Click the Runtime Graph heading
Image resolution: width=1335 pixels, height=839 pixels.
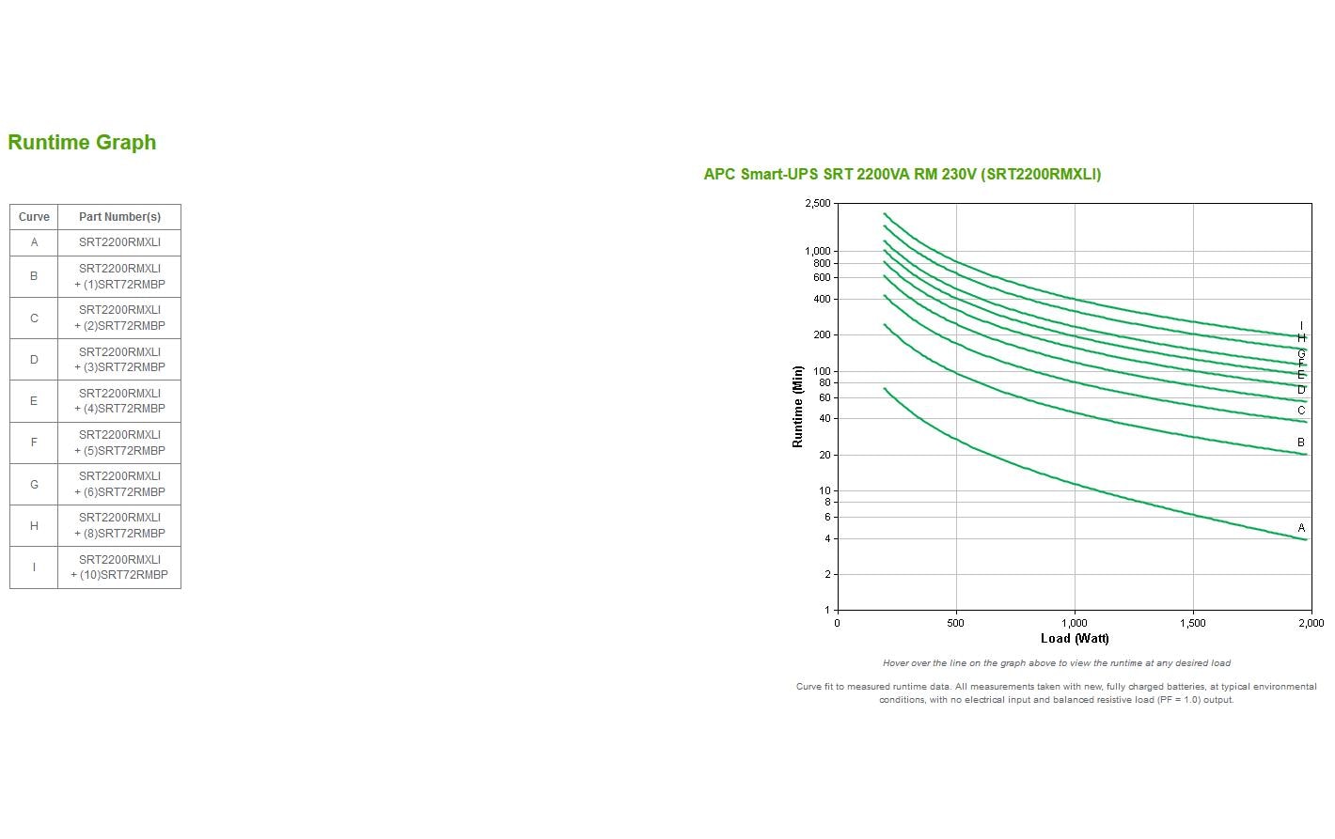tap(82, 143)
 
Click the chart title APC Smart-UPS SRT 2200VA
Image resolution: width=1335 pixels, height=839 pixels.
tap(902, 174)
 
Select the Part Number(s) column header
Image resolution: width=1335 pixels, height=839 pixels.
tap(119, 217)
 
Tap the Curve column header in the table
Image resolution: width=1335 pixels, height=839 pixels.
tap(34, 217)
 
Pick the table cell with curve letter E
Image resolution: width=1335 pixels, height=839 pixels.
tap(34, 401)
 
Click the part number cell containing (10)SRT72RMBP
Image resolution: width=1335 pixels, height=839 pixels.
tap(119, 567)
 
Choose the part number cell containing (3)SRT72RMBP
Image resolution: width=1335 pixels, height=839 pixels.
tap(119, 360)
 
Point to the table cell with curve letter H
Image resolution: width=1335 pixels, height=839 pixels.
tap(34, 526)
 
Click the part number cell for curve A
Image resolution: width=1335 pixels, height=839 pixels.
tap(119, 242)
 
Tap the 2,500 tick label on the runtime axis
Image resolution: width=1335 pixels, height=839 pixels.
tap(817, 204)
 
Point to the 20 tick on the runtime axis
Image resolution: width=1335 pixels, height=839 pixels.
tap(825, 455)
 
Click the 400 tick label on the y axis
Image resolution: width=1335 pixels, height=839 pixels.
tap(822, 300)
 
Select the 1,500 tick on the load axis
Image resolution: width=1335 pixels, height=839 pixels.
tap(1192, 623)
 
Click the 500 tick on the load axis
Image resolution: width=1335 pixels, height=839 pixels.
tap(955, 623)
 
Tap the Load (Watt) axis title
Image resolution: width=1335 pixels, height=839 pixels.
tap(1075, 639)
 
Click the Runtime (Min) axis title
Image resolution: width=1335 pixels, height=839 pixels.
tap(798, 406)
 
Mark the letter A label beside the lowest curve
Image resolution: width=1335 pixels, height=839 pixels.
tap(1301, 528)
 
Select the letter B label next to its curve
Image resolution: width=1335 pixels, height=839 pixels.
tap(1301, 443)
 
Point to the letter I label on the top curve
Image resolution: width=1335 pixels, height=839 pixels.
tap(1301, 326)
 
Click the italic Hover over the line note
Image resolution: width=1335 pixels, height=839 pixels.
tap(1056, 663)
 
